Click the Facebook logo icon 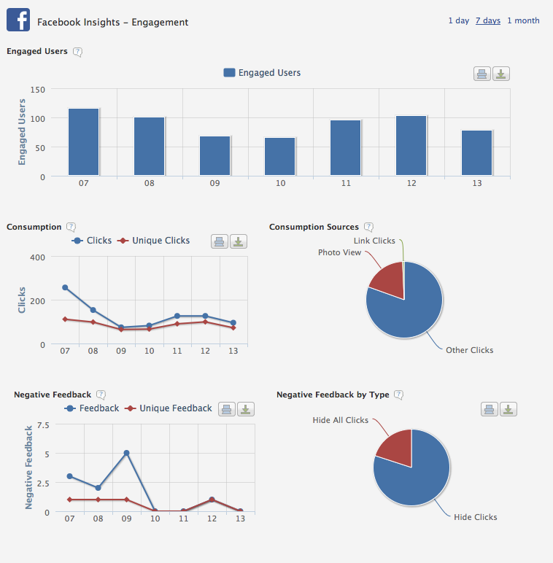[x=18, y=20]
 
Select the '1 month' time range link [x=523, y=20]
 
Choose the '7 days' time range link [x=487, y=20]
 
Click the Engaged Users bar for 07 [x=84, y=142]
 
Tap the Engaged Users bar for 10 [x=280, y=156]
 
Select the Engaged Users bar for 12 [x=411, y=146]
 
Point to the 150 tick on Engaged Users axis [x=38, y=90]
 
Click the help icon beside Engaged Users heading [x=78, y=52]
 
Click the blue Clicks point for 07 [x=65, y=287]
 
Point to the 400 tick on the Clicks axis [x=38, y=257]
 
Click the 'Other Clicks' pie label [x=469, y=350]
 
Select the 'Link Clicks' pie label [x=374, y=241]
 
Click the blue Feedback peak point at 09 [x=126, y=453]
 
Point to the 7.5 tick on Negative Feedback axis [x=42, y=424]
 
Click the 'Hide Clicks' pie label [x=475, y=517]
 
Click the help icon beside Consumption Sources [x=369, y=227]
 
